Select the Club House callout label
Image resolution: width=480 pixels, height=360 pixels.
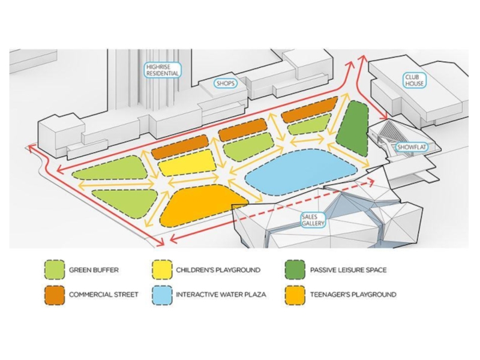413,80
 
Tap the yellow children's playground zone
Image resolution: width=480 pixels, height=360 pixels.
187,163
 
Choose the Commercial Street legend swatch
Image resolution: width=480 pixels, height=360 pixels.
54,295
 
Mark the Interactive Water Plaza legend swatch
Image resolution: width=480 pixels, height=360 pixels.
161,295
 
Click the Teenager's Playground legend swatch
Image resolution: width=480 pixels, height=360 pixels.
296,295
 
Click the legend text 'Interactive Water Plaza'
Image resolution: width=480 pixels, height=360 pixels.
220,295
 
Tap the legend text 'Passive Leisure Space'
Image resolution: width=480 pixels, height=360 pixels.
348,270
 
